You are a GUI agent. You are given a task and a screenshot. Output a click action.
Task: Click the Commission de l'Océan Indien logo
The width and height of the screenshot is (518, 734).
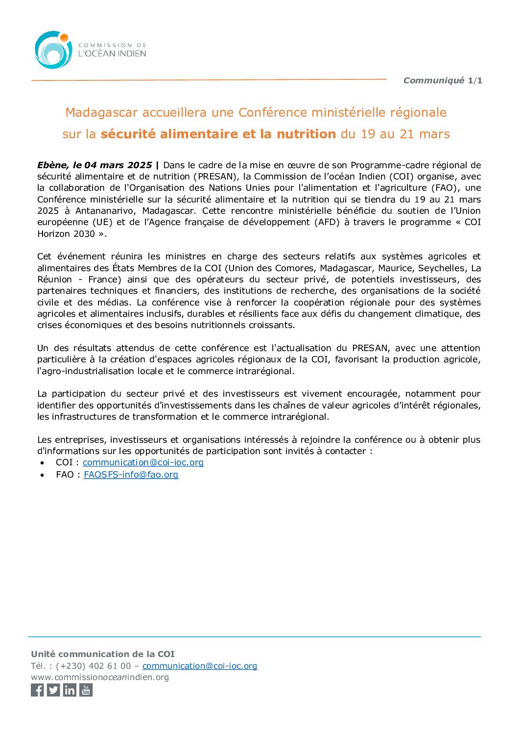[90, 50]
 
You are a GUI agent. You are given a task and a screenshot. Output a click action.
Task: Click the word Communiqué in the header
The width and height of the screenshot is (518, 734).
[433, 80]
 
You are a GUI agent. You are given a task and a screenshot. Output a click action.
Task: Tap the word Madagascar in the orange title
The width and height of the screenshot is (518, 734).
[101, 113]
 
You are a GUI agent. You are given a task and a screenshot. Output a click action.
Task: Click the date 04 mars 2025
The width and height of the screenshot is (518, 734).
[118, 165]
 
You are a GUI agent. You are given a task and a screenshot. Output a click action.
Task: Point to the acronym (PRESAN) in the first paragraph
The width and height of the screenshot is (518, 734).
[217, 177]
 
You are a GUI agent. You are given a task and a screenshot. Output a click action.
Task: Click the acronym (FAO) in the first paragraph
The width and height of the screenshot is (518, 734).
[445, 188]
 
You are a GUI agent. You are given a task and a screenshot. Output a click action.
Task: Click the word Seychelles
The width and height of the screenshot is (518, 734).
[441, 268]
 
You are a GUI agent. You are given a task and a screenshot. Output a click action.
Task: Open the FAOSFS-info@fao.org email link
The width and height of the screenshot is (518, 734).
[131, 475]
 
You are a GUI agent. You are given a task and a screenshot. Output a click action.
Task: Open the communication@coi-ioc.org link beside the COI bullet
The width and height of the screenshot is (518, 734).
[143, 462]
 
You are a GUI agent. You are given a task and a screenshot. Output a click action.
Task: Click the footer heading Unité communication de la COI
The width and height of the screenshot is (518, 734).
[103, 654]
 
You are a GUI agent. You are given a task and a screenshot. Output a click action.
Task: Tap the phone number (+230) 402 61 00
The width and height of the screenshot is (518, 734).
[94, 666]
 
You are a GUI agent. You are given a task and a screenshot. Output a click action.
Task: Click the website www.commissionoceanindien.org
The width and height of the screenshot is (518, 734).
[100, 677]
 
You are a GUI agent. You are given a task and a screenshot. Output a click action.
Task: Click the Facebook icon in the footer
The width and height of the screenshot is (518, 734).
[37, 690]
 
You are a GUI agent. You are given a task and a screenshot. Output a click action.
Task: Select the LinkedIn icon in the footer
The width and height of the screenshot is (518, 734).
[70, 690]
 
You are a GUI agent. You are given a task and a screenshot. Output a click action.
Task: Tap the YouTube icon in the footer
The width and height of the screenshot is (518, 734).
[86, 690]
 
